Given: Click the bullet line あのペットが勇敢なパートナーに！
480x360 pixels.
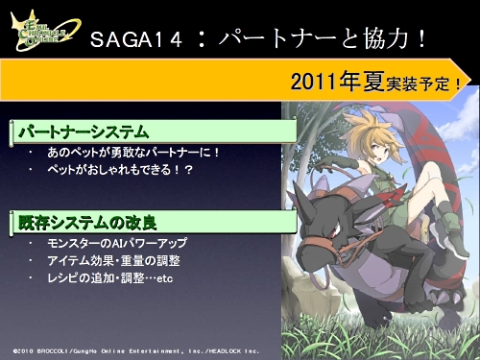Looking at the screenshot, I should [133, 152].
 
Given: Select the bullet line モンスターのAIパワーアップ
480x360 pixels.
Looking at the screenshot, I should [116, 243].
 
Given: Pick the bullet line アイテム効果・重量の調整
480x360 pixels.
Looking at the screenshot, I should [113, 260].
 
